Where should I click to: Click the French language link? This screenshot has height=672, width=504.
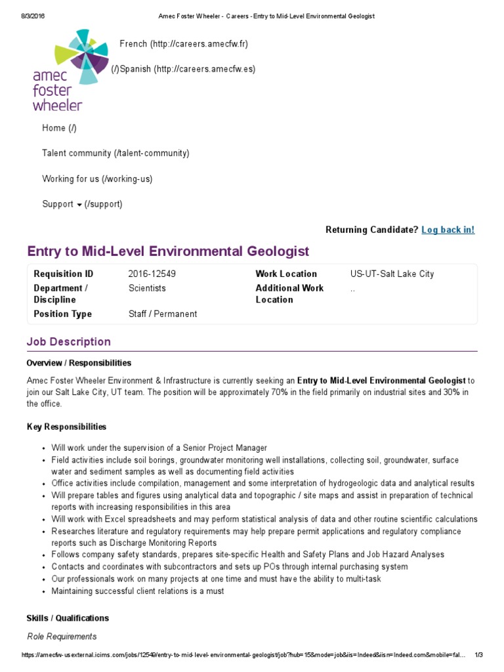184,44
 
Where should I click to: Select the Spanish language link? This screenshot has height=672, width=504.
183,70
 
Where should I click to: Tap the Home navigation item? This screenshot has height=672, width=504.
59,128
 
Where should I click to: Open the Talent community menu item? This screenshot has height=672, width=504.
115,153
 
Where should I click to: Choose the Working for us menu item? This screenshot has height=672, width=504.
97,178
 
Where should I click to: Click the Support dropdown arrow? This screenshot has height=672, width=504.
79,205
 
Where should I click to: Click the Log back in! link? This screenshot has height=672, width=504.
448,230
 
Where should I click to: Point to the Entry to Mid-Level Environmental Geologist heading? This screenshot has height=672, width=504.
168,251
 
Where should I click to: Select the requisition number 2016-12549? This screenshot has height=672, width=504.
152,274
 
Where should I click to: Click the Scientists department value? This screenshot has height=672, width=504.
148,288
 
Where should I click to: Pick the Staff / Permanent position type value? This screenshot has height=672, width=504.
163,314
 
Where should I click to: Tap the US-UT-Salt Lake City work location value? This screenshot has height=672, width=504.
392,274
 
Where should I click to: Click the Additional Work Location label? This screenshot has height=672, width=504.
289,294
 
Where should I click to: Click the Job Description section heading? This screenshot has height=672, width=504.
69,342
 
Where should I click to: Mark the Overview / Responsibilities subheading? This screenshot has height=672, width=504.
79,363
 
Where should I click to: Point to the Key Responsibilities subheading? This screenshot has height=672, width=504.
66,427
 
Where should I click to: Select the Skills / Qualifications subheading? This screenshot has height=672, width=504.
68,618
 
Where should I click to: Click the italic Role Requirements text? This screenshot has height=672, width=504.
62,637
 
